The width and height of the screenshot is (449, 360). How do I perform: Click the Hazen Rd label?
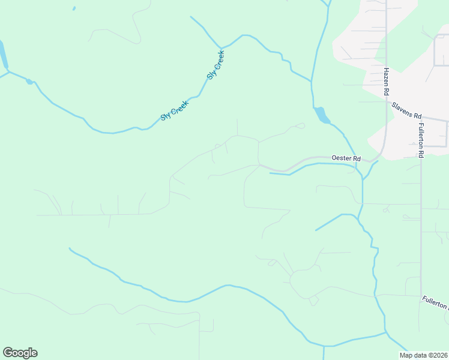[387, 82]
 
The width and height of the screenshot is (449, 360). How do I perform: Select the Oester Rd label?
[346, 158]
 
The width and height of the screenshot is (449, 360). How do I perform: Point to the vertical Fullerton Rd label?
[421, 140]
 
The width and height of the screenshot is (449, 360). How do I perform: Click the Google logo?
[20, 353]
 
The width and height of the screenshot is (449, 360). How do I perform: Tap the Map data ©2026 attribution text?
[423, 355]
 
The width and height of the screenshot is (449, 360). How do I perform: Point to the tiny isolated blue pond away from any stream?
[74, 8]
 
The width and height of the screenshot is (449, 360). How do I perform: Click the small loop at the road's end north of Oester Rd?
[301, 125]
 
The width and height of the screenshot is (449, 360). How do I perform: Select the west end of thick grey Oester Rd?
[259, 164]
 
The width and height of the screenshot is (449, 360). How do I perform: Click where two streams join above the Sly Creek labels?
[221, 47]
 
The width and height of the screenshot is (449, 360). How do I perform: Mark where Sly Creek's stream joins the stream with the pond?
[312, 80]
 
